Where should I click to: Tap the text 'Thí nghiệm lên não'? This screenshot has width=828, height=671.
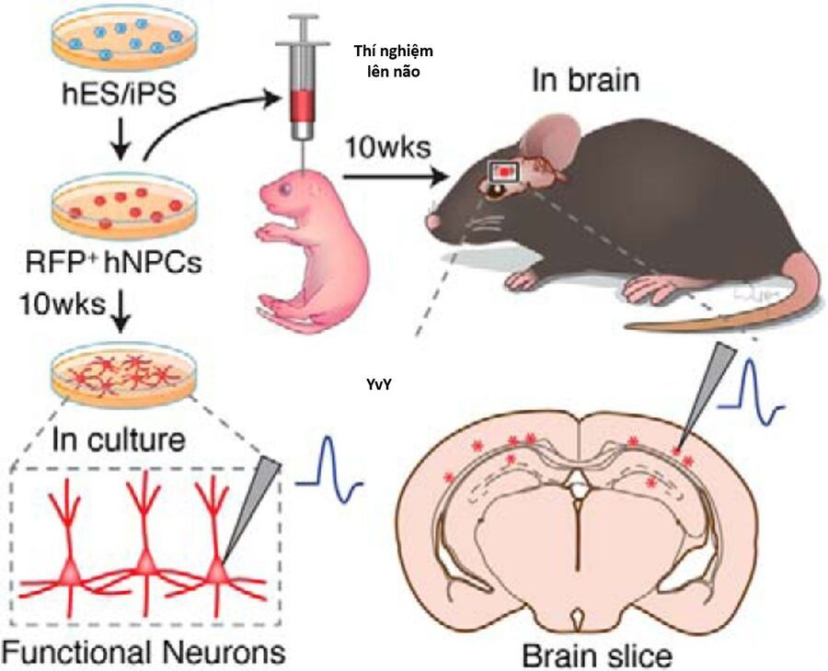pyautogui.click(x=393, y=61)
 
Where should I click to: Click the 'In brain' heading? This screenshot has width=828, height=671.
pyautogui.click(x=585, y=80)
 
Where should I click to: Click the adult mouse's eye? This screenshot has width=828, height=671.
pyautogui.click(x=494, y=189)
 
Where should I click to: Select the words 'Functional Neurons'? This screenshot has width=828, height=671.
pyautogui.click(x=143, y=652)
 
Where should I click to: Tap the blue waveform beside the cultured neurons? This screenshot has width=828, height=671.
pyautogui.click(x=329, y=466)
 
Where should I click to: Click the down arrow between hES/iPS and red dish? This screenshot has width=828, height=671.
pyautogui.click(x=119, y=138)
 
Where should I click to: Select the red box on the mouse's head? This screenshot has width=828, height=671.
pyautogui.click(x=505, y=170)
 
